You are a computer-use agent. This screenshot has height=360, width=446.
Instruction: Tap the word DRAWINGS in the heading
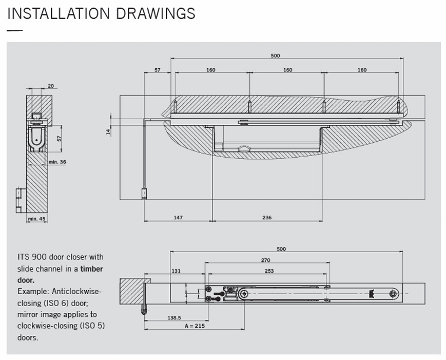(156, 13)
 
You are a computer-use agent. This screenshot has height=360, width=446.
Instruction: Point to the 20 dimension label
(50, 86)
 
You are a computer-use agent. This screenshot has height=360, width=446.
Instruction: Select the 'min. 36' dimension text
(57, 162)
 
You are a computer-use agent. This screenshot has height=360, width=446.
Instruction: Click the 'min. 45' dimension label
(36, 219)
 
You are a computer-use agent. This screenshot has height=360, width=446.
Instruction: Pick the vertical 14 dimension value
(108, 131)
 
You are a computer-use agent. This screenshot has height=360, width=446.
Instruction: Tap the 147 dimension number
(178, 218)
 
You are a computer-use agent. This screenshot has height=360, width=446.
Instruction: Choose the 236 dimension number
(267, 218)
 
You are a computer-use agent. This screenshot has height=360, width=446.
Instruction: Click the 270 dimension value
(266, 260)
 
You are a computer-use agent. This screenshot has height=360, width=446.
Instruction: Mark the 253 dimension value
(269, 271)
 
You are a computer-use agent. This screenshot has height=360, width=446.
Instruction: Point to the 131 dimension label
(176, 271)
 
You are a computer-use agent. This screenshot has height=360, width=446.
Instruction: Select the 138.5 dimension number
(174, 317)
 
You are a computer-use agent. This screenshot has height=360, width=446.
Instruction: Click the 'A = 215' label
(195, 326)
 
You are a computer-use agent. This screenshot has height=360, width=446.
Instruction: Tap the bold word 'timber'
(91, 269)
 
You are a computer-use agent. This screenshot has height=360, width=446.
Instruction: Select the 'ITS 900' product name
(30, 257)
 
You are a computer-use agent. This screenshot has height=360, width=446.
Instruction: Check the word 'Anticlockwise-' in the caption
(76, 291)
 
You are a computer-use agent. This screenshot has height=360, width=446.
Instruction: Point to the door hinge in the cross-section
(20, 199)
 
